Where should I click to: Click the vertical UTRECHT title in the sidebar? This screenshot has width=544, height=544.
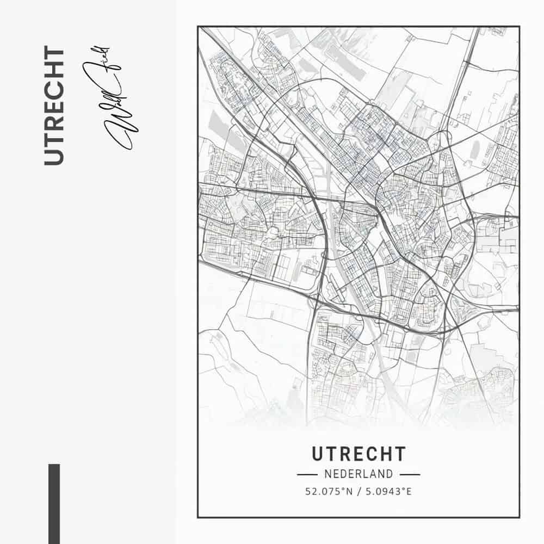point(54,106)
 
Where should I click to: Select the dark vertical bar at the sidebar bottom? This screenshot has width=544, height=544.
point(54,503)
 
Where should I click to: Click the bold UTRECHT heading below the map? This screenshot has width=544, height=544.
point(358,454)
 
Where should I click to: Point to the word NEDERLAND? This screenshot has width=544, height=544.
point(358,474)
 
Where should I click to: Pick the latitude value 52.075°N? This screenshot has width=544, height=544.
point(329,492)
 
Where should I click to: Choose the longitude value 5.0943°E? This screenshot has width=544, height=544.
point(388,492)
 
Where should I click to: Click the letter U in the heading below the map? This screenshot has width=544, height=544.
point(318,454)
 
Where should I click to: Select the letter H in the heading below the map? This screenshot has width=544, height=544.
point(385,454)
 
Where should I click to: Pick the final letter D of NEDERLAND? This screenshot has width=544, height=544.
point(390,474)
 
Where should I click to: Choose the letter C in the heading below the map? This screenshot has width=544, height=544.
point(372,454)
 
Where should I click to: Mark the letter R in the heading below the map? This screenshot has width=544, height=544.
point(345,454)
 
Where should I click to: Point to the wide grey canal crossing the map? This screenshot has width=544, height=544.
point(348,283)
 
